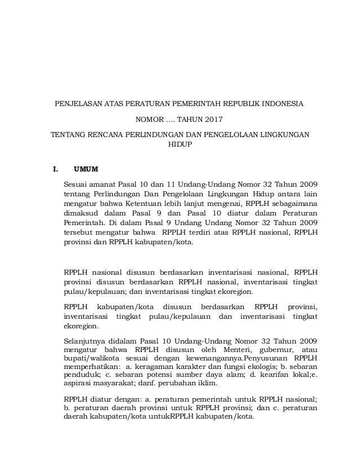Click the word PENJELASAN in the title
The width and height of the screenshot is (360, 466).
click(x=76, y=104)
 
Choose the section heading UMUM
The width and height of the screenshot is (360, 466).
click(x=85, y=169)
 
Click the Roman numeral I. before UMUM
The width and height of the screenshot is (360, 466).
click(x=55, y=169)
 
